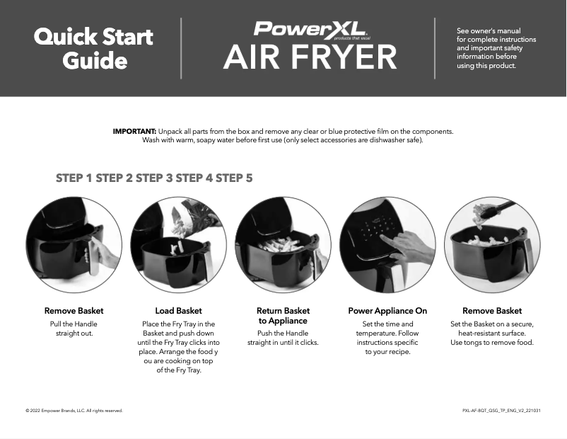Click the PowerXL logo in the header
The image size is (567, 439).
[x=309, y=29]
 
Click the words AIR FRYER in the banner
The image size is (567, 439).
[x=310, y=58]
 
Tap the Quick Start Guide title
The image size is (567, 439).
[x=94, y=48]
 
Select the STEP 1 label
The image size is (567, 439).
[x=74, y=178]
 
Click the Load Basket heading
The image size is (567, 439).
[x=178, y=311]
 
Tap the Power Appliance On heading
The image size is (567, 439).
[x=387, y=311]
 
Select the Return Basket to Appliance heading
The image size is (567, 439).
[x=283, y=316]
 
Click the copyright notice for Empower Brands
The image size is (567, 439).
[x=74, y=411]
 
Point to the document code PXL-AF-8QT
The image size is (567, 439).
[x=501, y=411]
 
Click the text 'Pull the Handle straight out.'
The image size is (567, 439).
[x=74, y=329]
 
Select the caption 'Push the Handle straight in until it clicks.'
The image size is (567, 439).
[x=283, y=338]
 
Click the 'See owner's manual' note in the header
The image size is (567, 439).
[x=496, y=48]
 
